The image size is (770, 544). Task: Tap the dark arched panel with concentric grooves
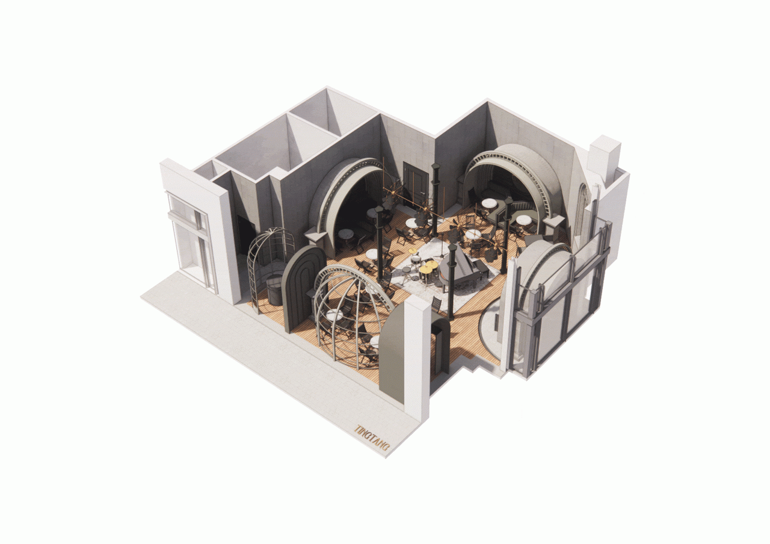pyautogui.click(x=303, y=289)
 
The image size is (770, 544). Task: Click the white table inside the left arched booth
pyautogui.click(x=346, y=234)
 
